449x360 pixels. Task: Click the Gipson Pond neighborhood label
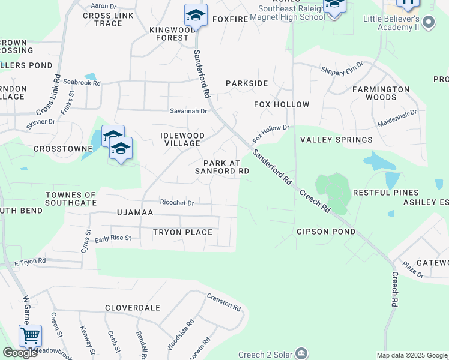(326, 232)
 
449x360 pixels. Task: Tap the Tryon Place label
(182, 232)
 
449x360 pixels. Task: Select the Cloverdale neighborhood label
(133, 308)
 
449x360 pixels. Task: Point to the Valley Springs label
(336, 140)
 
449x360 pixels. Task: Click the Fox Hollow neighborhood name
(282, 104)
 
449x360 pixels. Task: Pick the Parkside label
(246, 83)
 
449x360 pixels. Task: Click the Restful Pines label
(385, 193)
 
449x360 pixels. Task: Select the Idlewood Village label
(182, 139)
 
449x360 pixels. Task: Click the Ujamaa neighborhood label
(135, 212)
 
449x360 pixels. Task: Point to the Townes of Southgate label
(71, 199)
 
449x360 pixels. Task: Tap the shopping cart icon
(30, 335)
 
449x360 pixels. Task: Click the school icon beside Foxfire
(196, 16)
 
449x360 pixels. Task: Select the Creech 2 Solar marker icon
(301, 353)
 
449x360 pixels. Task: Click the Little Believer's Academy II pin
(429, 23)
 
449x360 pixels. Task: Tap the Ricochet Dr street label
(177, 203)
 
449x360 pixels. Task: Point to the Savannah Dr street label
(188, 111)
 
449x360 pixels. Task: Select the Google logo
(20, 353)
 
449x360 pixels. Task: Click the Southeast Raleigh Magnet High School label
(292, 13)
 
